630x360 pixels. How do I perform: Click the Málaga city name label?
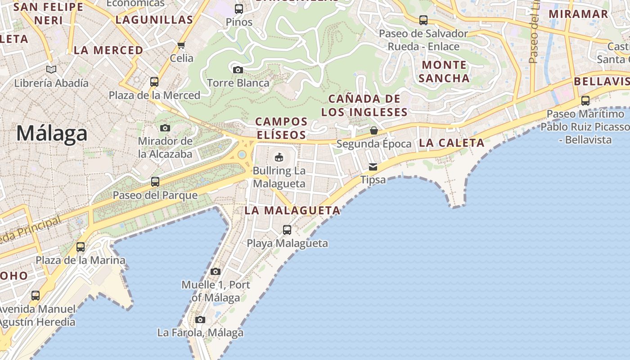pyautogui.click(x=52, y=134)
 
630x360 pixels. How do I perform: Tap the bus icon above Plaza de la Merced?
pyautogui.click(x=154, y=82)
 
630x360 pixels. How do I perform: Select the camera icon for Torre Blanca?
pyautogui.click(x=238, y=70)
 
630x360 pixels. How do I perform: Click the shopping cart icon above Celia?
pyautogui.click(x=181, y=45)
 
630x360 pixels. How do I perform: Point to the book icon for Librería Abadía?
pyautogui.click(x=51, y=69)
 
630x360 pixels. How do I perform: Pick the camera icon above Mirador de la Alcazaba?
pyautogui.click(x=165, y=128)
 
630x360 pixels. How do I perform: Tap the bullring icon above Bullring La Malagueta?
pyautogui.click(x=279, y=157)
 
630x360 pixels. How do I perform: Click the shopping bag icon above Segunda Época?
pyautogui.click(x=374, y=130)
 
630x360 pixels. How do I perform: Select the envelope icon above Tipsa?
pyautogui.click(x=373, y=167)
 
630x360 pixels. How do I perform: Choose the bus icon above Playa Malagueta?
pyautogui.click(x=287, y=230)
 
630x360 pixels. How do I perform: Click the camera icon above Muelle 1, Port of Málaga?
pyautogui.click(x=216, y=271)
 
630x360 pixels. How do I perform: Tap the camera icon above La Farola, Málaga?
pyautogui.click(x=200, y=319)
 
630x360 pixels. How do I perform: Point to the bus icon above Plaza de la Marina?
pyautogui.click(x=81, y=247)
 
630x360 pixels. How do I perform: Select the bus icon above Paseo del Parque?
pyautogui.click(x=155, y=182)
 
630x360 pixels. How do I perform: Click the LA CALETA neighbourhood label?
pyautogui.click(x=451, y=143)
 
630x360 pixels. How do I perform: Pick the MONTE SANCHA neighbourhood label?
pyautogui.click(x=444, y=72)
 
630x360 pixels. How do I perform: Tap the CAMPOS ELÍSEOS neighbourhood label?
pyautogui.click(x=281, y=128)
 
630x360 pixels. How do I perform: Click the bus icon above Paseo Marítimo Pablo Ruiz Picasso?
pyautogui.click(x=585, y=101)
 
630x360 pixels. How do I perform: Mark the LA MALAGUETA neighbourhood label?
pyautogui.click(x=292, y=210)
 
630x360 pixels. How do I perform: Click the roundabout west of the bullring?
pyautogui.click(x=242, y=155)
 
